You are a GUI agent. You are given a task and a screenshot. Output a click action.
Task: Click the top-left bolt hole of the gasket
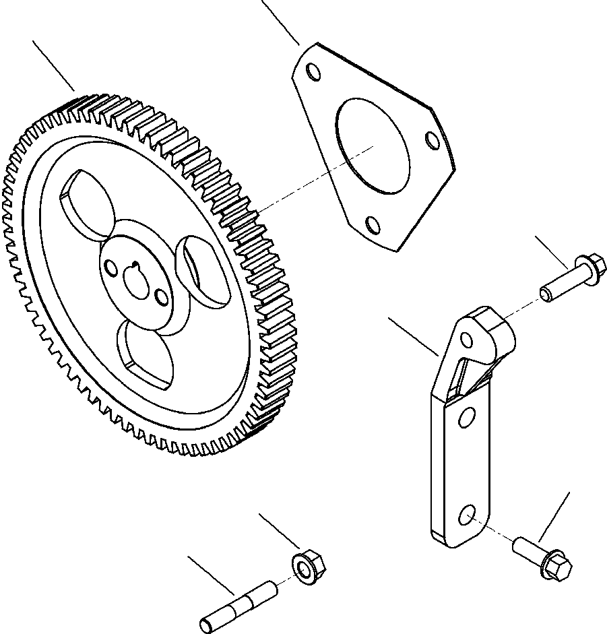[x=312, y=71]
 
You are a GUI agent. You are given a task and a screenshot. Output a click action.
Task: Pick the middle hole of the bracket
[x=464, y=420]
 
